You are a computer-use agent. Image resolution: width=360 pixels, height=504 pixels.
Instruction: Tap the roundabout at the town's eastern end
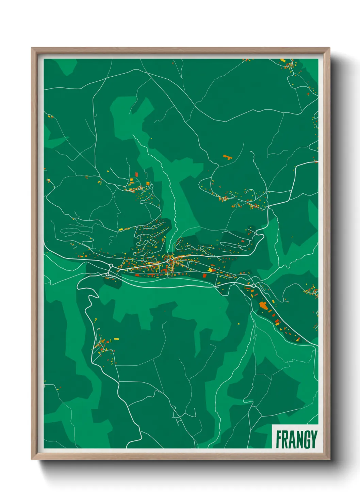coord(253,285)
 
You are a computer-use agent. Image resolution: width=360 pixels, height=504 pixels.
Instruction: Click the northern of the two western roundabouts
coord(111,266)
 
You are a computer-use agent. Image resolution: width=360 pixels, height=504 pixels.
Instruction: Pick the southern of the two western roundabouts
coord(108,274)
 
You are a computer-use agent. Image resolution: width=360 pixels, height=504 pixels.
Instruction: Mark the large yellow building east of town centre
coord(210,270)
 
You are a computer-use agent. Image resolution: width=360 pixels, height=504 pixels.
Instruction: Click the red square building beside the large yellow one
coord(205,275)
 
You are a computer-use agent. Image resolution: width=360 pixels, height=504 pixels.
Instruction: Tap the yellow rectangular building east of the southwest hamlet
coord(116,339)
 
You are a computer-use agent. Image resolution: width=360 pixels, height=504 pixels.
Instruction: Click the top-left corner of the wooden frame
coord(32,48)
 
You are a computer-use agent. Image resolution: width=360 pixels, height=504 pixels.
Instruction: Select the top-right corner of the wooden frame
coord(329,48)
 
